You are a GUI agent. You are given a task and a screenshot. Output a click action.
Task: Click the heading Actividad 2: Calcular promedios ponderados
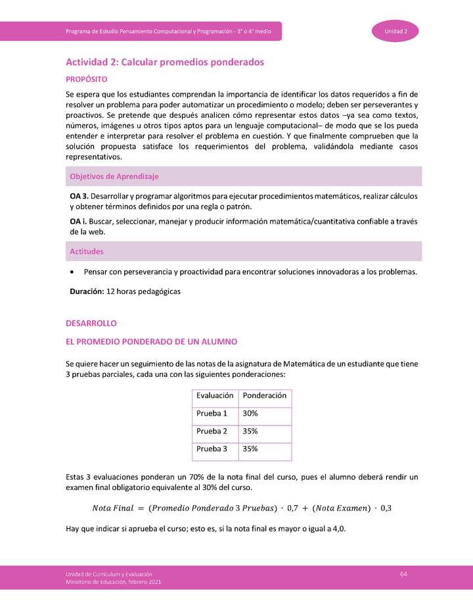164,62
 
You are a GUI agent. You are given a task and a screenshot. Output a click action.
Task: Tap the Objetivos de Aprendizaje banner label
114,176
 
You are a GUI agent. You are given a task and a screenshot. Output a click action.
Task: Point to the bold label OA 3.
79,196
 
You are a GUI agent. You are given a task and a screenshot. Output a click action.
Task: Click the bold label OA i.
78,221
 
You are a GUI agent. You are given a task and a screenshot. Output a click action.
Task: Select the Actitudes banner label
87,251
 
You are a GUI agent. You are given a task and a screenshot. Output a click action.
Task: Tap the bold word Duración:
87,291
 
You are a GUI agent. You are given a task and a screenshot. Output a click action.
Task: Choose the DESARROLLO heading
91,324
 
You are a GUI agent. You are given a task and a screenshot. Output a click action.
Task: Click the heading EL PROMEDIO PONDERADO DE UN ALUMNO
151,342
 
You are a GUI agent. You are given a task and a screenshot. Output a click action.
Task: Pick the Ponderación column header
264,396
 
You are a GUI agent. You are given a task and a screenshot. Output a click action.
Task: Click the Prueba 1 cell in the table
212,414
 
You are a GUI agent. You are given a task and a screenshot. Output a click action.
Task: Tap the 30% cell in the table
250,414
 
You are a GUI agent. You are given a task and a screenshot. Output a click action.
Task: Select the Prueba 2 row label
212,431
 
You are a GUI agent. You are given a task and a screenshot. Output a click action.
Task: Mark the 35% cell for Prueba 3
250,449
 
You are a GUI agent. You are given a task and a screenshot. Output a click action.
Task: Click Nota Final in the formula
114,508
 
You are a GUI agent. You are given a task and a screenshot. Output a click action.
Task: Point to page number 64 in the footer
404,574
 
